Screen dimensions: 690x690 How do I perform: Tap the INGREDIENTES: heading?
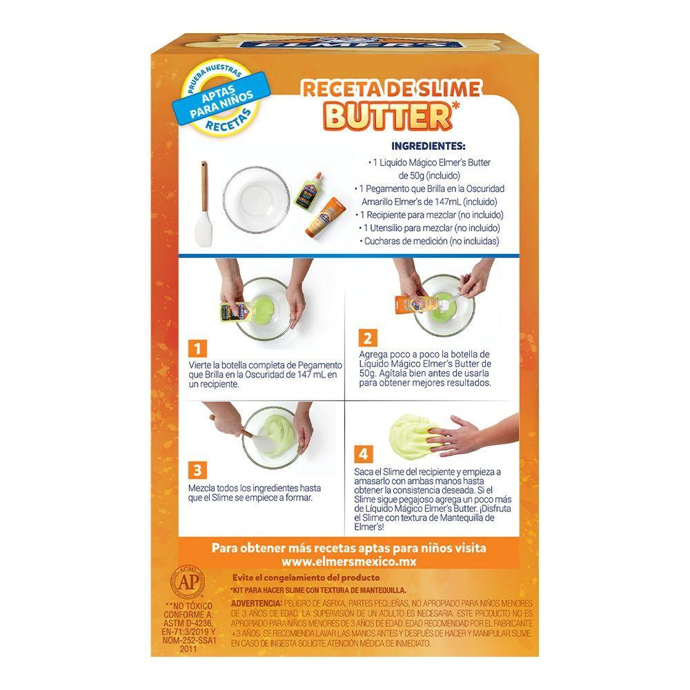tap(428, 146)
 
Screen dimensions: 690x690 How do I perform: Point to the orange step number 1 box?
tap(197, 346)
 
